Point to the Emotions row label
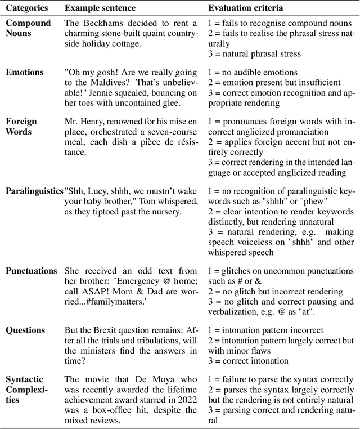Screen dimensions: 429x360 pyautogui.click(x=24, y=71)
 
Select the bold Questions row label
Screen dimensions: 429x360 pyautogui.click(x=25, y=330)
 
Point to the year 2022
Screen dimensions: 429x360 pyautogui.click(x=184, y=399)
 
